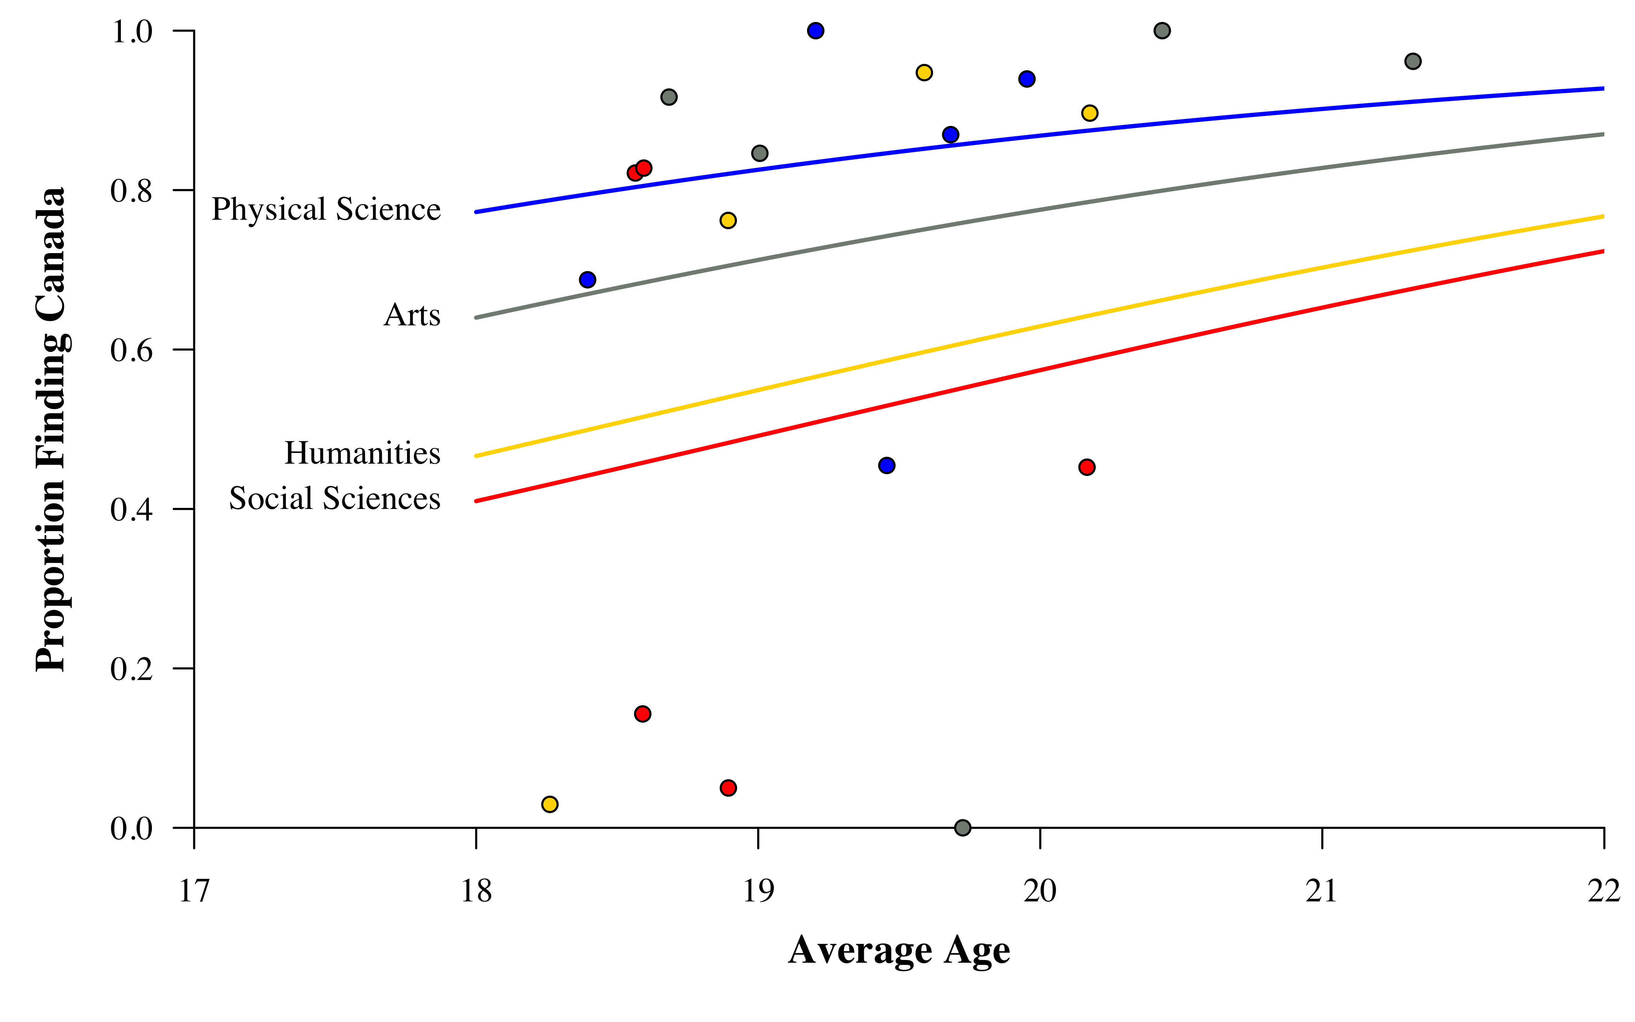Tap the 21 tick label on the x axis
click(x=1322, y=891)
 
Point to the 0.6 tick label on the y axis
click(x=132, y=350)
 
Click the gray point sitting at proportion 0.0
click(x=963, y=827)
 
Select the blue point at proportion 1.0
click(x=815, y=30)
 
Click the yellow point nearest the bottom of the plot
click(x=550, y=804)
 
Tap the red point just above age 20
click(x=1086, y=467)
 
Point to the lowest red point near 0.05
click(x=728, y=788)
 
